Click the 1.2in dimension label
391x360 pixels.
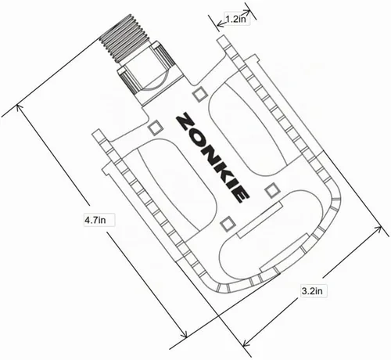[x=235, y=19]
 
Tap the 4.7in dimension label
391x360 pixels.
[x=95, y=220]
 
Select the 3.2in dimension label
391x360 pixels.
[x=312, y=291]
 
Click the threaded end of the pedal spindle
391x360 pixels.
[x=124, y=38]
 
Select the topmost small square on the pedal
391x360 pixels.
[x=200, y=95]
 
